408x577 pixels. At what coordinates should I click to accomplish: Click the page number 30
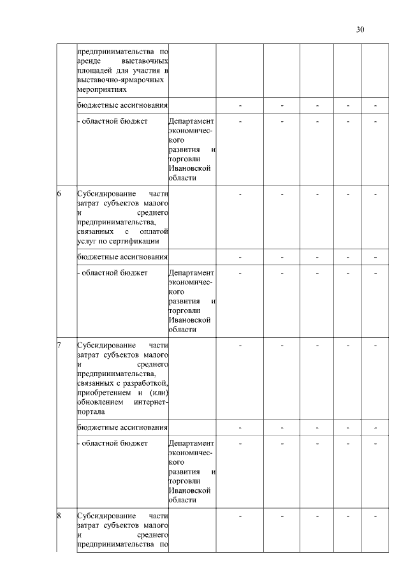point(360,29)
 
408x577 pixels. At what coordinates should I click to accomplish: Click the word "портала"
point(91,413)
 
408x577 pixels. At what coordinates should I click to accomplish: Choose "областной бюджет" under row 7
point(113,442)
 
